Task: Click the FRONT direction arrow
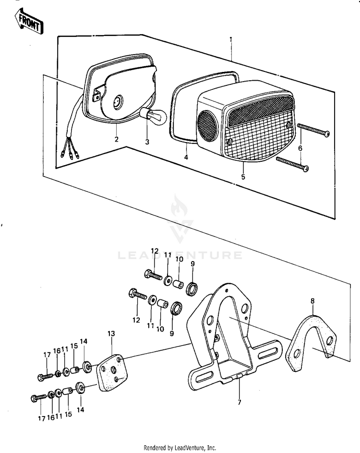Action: [x=30, y=22]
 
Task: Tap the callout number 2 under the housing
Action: [x=116, y=140]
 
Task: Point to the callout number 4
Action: [x=186, y=157]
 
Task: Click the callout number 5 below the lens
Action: [x=243, y=177]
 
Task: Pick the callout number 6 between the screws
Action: [x=300, y=148]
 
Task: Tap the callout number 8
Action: [x=312, y=301]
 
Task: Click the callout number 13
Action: [x=111, y=333]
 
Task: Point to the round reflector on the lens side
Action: [x=207, y=126]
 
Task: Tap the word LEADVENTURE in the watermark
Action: [x=180, y=255]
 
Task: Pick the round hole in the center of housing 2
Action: [x=118, y=101]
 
